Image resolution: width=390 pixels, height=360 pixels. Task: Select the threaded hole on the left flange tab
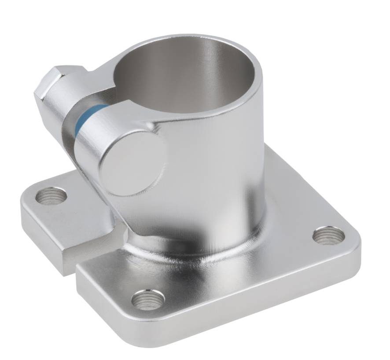point(51,195)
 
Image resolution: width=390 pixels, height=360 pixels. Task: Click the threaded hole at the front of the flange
point(148,300)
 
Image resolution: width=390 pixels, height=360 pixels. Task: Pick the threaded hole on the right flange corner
point(329,235)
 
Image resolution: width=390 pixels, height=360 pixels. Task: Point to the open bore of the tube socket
point(185,75)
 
